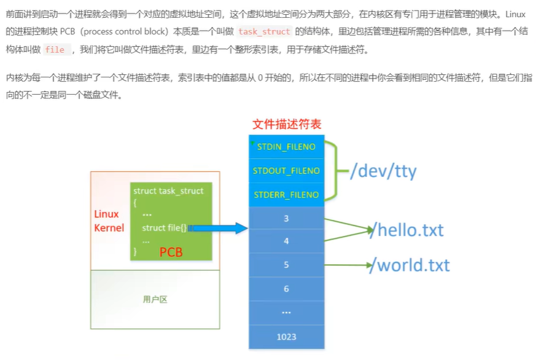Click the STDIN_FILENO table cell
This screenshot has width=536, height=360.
click(x=286, y=147)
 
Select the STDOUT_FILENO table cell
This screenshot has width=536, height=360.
click(x=286, y=170)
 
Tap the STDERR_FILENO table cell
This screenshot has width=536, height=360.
click(x=286, y=195)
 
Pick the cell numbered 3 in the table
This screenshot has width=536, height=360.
click(x=286, y=218)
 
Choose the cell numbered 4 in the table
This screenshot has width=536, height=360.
click(x=286, y=241)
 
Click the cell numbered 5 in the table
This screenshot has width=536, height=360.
click(x=286, y=265)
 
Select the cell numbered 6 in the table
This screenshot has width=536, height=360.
click(x=286, y=289)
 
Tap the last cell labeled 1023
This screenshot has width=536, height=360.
click(x=286, y=336)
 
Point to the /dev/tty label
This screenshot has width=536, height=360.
click(x=383, y=171)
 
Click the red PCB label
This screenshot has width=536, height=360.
click(x=171, y=252)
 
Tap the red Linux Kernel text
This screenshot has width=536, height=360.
click(x=109, y=221)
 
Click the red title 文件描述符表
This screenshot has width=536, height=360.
click(x=287, y=124)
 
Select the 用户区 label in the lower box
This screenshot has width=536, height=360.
click(x=155, y=299)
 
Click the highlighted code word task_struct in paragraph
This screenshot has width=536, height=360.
click(x=264, y=31)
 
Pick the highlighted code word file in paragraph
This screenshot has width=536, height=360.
click(x=55, y=50)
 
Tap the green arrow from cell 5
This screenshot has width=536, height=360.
click(x=347, y=265)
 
